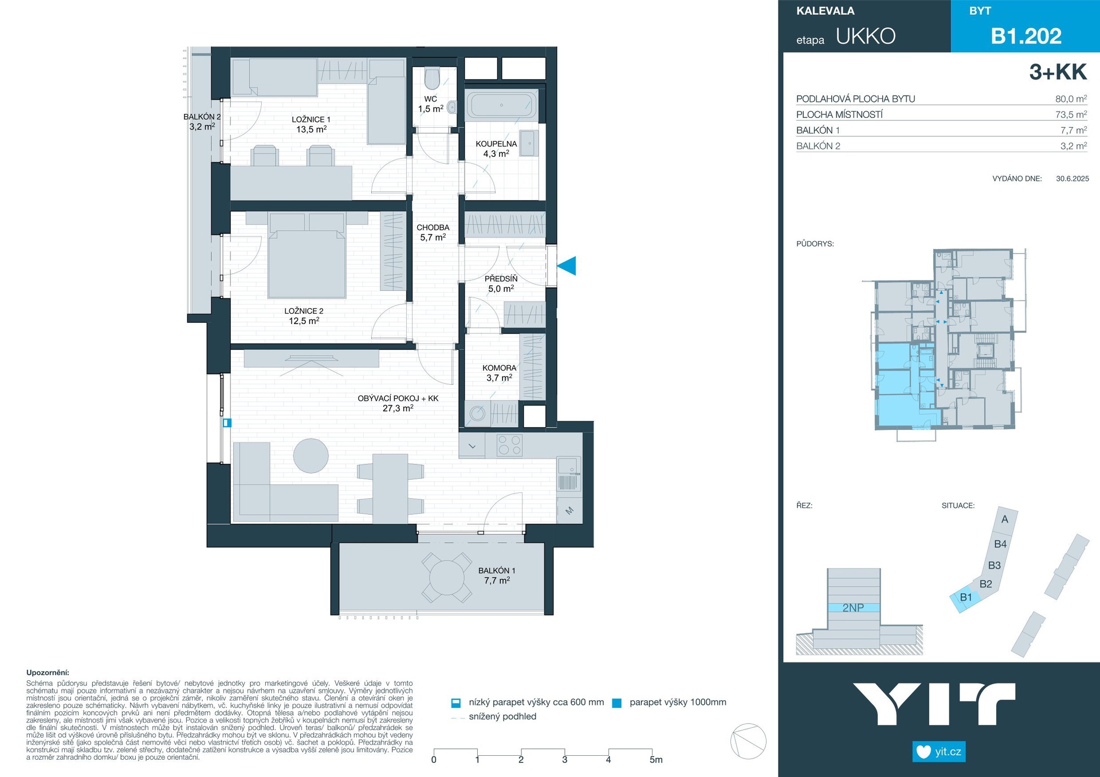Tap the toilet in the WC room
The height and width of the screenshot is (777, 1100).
coord(432,79)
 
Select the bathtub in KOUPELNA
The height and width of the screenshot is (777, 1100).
coord(501,105)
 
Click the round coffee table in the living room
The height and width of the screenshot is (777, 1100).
coord(311,456)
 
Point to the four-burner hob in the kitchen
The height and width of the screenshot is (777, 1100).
coord(509,445)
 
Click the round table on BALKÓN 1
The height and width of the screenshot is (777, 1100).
coord(447,578)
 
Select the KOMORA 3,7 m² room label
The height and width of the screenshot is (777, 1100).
coord(499,373)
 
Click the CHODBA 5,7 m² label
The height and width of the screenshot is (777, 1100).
coord(433,232)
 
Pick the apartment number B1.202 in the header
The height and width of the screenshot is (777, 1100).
coord(1026,36)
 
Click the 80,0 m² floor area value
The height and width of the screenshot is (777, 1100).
coord(1071,98)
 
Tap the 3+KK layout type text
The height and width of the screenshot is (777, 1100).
coord(1058,72)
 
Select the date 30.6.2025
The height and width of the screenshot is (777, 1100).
coord(1072,179)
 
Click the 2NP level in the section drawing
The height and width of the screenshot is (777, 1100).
coord(853,608)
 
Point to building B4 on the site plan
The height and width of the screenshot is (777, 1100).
coord(1000,544)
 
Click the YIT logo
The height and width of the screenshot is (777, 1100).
coord(934,704)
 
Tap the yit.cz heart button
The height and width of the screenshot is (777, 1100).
coord(939,751)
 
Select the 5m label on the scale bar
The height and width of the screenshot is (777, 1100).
coord(656,760)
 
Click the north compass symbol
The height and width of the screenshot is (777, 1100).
coord(748,741)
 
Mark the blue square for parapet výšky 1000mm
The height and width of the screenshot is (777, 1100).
coord(617,703)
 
